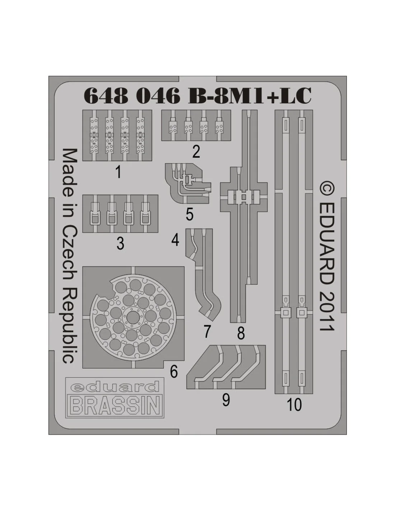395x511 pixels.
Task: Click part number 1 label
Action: [118, 172]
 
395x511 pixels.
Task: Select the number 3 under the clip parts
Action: [120, 243]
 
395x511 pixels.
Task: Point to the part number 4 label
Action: [175, 240]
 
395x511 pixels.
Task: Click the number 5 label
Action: [189, 214]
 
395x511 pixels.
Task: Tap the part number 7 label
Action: [207, 332]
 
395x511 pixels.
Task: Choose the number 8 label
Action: [241, 333]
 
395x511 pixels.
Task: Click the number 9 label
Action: [226, 400]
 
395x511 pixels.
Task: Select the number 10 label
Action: [294, 405]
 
